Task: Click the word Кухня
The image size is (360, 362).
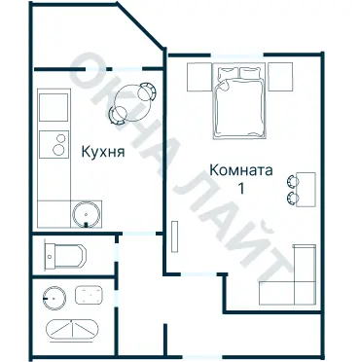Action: click(x=101, y=151)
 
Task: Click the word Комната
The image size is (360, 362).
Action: click(x=241, y=170)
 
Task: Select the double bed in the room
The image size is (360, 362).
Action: click(x=239, y=101)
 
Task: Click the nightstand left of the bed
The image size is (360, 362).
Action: click(x=198, y=75)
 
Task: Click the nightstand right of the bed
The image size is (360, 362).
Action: click(x=280, y=75)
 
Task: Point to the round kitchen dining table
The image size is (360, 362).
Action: click(x=129, y=100)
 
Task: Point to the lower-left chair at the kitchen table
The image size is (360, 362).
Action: click(x=118, y=115)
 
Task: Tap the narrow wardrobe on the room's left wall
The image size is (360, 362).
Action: click(x=173, y=239)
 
